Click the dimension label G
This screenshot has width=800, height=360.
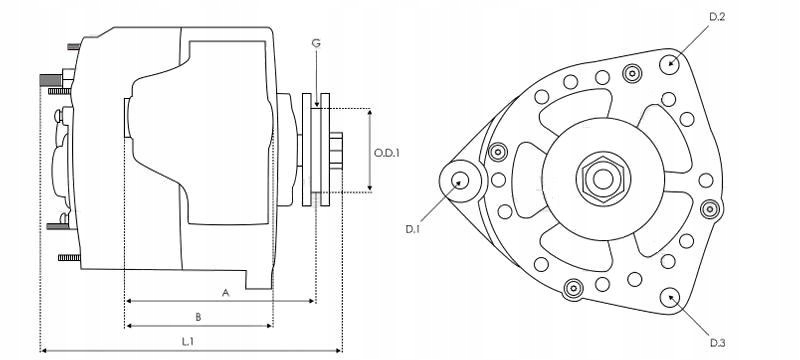[x=316, y=43]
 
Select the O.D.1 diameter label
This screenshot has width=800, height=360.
[x=387, y=153]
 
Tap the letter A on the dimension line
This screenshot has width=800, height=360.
[x=226, y=293]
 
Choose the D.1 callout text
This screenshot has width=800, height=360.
[x=412, y=229]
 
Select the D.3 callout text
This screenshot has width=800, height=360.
[x=716, y=343]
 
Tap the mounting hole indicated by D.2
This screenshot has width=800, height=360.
[x=669, y=62]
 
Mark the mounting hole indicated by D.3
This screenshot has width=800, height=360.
[x=669, y=296]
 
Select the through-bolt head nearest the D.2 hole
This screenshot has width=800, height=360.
[x=631, y=72]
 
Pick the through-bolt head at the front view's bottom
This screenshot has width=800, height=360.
[x=573, y=289]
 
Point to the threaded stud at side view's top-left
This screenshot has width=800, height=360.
[x=50, y=78]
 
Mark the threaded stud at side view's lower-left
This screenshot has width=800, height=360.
[x=68, y=258]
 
